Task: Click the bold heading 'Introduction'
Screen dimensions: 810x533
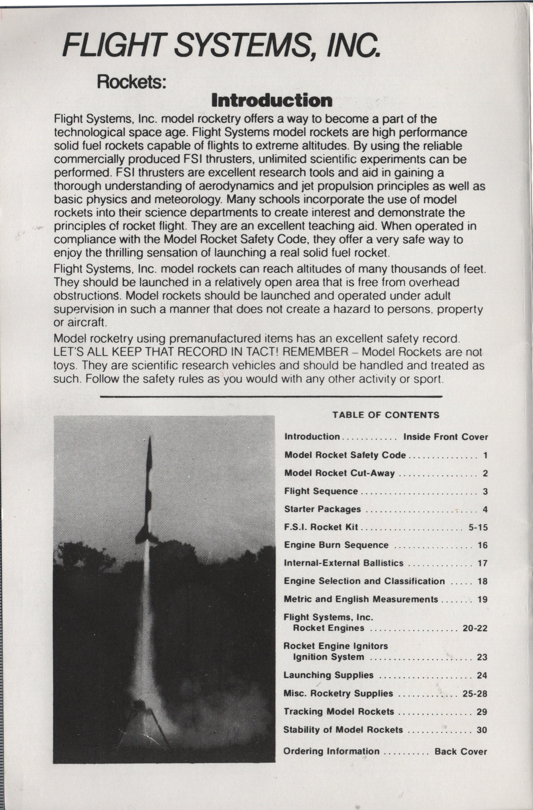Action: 271,100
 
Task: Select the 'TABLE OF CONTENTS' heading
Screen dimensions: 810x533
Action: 386,415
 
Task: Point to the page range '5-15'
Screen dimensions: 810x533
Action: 478,527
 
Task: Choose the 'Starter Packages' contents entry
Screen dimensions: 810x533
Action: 322,509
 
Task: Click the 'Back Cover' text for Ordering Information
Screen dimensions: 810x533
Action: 461,752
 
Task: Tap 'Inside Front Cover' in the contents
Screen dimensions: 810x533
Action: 446,437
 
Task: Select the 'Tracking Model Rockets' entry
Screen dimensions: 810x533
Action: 339,712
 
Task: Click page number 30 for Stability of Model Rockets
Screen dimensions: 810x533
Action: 482,730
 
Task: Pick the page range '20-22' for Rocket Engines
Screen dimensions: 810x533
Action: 475,628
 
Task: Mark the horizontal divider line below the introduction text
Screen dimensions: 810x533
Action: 271,397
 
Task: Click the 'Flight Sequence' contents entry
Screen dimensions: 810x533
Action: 321,491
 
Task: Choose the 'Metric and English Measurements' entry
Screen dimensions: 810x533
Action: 361,599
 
